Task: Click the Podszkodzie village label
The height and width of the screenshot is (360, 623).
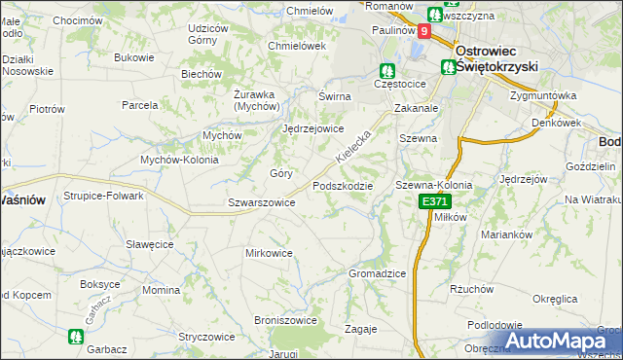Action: pyautogui.click(x=343, y=186)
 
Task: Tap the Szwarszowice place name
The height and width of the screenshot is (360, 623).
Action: pyautogui.click(x=261, y=202)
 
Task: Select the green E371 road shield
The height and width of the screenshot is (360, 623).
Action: pyautogui.click(x=436, y=201)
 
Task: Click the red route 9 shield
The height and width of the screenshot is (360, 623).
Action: pyautogui.click(x=423, y=31)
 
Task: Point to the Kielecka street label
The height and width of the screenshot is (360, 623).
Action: pyautogui.click(x=353, y=143)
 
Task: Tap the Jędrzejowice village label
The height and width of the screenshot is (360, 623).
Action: pyautogui.click(x=313, y=128)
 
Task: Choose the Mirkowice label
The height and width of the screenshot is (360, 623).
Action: pyautogui.click(x=269, y=253)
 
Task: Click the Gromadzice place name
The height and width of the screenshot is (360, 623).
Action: pyautogui.click(x=377, y=273)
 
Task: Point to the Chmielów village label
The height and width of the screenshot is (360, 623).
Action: pyautogui.click(x=310, y=11)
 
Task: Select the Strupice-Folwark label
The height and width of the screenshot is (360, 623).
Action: pyautogui.click(x=104, y=196)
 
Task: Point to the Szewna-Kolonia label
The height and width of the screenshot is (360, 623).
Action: pyautogui.click(x=433, y=185)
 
